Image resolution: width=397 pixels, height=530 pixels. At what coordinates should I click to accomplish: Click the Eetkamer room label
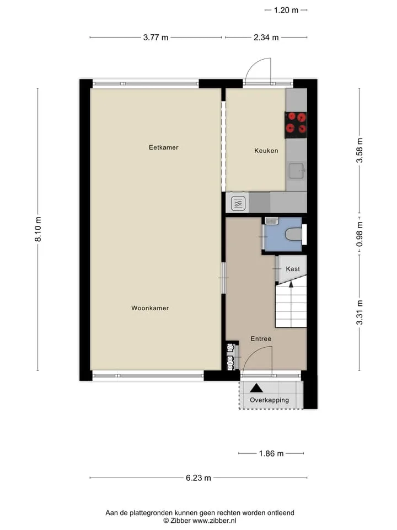point(163,147)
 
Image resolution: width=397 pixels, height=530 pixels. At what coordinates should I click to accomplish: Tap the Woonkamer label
point(150,308)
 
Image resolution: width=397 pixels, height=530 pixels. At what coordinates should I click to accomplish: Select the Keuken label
point(266,151)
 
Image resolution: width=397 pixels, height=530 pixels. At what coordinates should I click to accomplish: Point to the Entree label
point(261,338)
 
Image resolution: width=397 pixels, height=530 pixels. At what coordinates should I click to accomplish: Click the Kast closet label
point(293,269)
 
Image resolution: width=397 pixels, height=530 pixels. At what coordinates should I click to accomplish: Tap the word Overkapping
point(270,400)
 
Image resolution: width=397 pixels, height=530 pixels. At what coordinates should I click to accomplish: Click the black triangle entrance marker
point(256,388)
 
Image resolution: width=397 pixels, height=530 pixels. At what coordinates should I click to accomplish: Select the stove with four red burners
point(296,125)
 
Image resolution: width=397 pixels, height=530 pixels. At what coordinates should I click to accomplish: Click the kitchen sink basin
point(296,171)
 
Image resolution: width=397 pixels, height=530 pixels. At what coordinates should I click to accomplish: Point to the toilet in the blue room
point(293,234)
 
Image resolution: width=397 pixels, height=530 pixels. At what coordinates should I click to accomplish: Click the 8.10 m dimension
point(38,229)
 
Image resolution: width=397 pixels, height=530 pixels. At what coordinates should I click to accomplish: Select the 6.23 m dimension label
point(198,478)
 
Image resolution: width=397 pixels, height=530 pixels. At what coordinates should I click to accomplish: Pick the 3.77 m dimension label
point(155,37)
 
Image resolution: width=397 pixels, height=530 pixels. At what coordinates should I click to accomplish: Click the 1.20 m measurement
point(286,10)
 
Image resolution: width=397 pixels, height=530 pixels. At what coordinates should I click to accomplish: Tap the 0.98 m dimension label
point(360,234)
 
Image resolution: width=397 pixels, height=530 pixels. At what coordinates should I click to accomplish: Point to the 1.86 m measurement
point(271,453)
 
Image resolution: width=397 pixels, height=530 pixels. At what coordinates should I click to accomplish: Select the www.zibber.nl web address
point(214,521)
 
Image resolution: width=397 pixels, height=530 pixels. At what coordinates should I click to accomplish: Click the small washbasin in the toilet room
point(271,221)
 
